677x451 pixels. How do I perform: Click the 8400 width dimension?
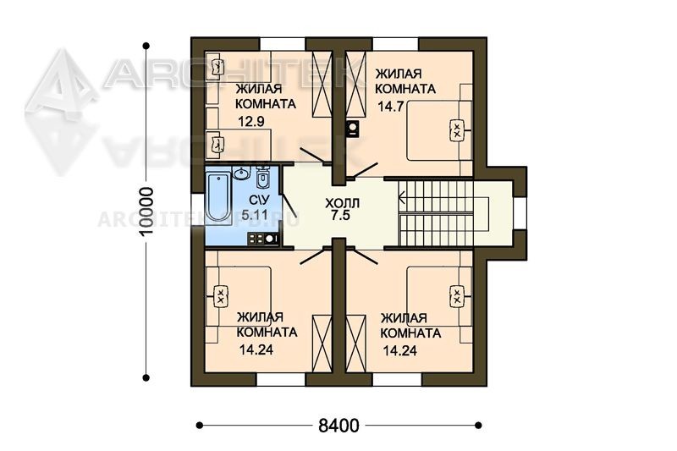coord(338,426)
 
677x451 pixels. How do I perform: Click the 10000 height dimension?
coord(146,211)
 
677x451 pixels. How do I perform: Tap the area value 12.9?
coord(251,122)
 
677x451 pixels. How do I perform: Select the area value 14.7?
coord(391,106)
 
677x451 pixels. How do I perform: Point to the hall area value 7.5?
coord(341,216)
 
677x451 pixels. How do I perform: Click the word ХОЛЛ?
coord(342,203)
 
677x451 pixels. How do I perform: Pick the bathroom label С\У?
coord(260,201)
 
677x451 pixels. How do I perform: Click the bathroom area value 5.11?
coord(255,214)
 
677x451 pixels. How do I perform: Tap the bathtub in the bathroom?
coord(217,197)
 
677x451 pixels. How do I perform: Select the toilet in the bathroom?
coord(262,178)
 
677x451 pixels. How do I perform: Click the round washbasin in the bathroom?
coord(242,173)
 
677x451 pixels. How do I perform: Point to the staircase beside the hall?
coord(443,212)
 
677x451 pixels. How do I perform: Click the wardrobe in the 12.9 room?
coord(322,84)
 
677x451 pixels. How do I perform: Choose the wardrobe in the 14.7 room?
coord(355,84)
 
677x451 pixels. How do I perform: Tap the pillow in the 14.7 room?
coord(456,130)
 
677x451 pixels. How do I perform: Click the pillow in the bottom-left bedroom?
coord(220,296)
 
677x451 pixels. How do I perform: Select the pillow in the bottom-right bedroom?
coord(456,296)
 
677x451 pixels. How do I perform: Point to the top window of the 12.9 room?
coord(283,44)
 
